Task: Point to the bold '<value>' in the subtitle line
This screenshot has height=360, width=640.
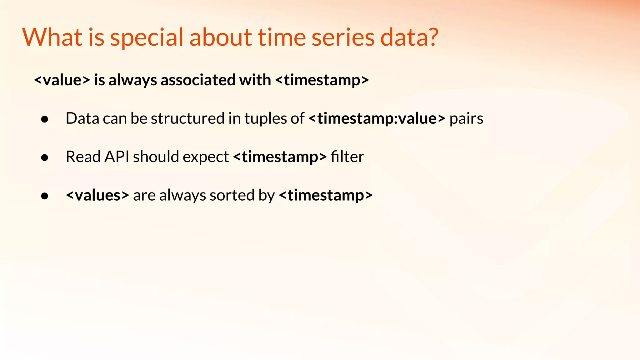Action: click(x=62, y=80)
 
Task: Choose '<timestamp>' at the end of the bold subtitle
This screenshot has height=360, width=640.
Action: click(x=322, y=80)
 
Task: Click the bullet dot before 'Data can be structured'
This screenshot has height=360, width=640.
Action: click(x=45, y=119)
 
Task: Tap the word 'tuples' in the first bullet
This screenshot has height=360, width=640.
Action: click(x=263, y=119)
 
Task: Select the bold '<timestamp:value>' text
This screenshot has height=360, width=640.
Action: click(x=377, y=118)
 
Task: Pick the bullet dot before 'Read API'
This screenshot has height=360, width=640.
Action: click(x=45, y=157)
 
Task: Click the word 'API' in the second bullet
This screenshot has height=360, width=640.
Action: click(x=117, y=157)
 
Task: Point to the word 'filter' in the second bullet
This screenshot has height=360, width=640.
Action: click(x=347, y=157)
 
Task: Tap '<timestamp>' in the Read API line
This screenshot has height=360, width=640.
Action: click(x=280, y=157)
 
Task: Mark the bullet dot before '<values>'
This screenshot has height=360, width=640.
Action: click(x=45, y=196)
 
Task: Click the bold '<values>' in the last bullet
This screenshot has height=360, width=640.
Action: click(x=97, y=195)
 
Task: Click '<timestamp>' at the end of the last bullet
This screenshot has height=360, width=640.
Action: click(x=326, y=195)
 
